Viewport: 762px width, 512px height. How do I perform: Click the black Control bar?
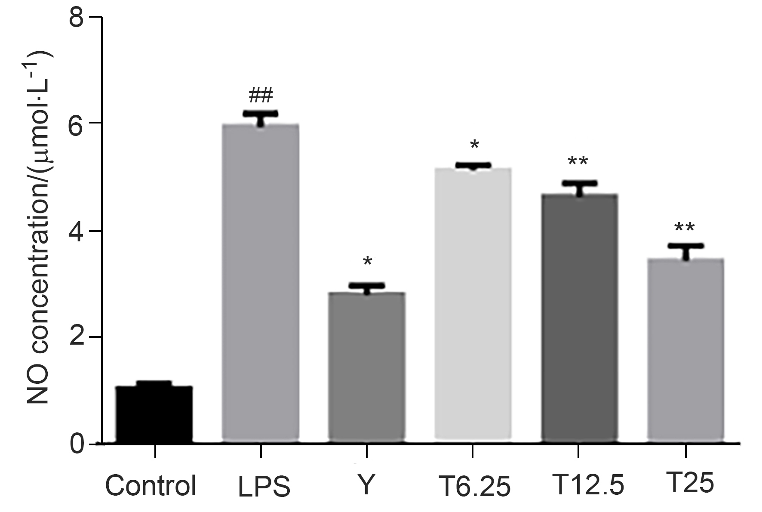point(154,414)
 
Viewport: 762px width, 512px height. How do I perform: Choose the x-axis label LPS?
point(264,486)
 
